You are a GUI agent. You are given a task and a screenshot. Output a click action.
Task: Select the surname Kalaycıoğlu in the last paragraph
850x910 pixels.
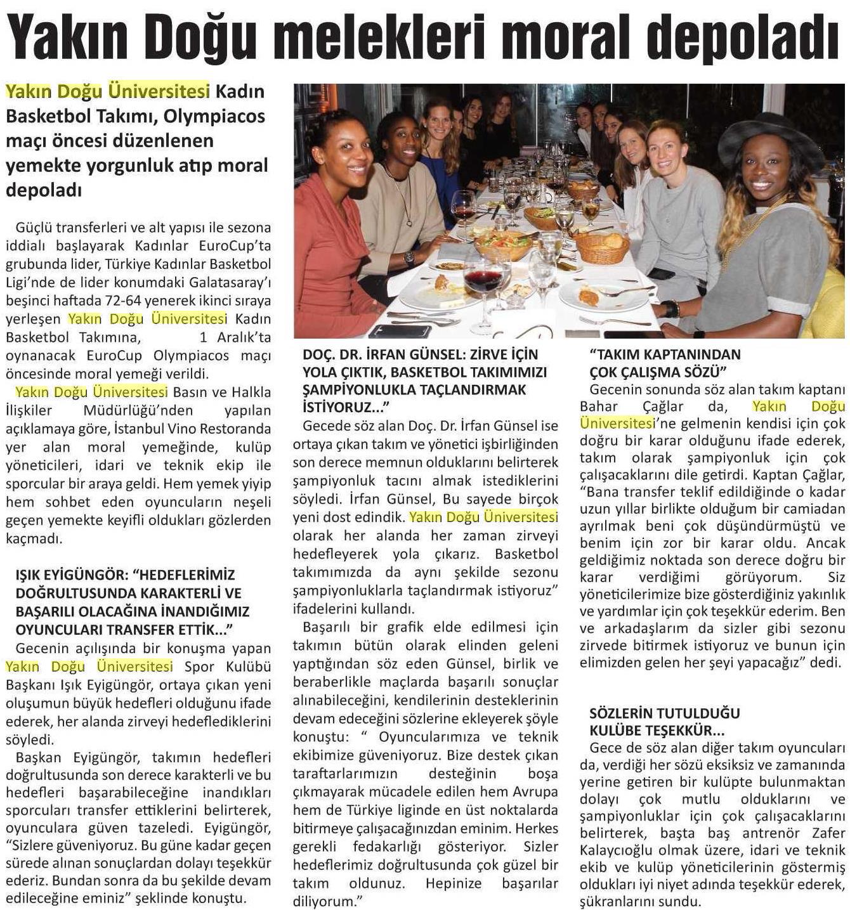(615, 850)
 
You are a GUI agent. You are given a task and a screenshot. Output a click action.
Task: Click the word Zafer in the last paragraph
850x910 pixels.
(828, 833)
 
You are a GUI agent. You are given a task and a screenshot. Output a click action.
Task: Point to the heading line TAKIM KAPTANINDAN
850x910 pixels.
(665, 354)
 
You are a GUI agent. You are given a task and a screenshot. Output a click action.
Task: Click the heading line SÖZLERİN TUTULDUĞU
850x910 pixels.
(664, 713)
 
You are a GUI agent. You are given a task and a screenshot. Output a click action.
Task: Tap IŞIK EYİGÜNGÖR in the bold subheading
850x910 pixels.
(70, 575)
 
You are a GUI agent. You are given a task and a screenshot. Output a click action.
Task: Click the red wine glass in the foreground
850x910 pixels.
(483, 278)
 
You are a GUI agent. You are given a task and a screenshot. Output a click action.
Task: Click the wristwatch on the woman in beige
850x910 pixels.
(409, 258)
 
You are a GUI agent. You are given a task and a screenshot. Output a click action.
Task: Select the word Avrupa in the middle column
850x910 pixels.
(536, 791)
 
